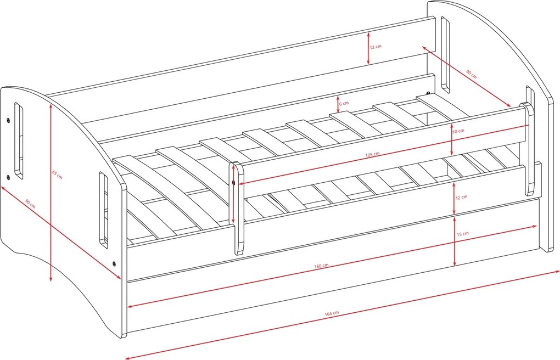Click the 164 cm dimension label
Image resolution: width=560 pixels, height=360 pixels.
[332, 313]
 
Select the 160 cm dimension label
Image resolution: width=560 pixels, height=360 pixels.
[321, 266]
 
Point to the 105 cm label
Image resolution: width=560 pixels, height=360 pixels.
[372, 154]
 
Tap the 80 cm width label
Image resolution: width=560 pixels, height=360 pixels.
[472, 74]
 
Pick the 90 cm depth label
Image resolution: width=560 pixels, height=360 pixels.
[30, 204]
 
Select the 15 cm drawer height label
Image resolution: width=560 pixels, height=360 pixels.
[463, 234]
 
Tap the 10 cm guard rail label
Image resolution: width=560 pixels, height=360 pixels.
[458, 131]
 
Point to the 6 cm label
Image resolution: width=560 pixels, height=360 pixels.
[344, 104]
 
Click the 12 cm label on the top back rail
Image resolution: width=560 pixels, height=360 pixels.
[376, 47]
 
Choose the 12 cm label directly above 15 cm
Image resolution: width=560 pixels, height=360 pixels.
[461, 197]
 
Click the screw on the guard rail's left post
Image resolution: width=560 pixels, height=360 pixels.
[233, 183]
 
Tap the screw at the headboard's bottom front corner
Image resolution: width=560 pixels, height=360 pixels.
[114, 264]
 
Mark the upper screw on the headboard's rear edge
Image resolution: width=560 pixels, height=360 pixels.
[8, 121]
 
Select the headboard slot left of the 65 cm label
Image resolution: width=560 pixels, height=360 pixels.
[19, 140]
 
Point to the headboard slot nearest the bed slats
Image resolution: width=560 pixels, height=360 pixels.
[104, 210]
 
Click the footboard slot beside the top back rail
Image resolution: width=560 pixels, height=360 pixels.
[445, 55]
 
